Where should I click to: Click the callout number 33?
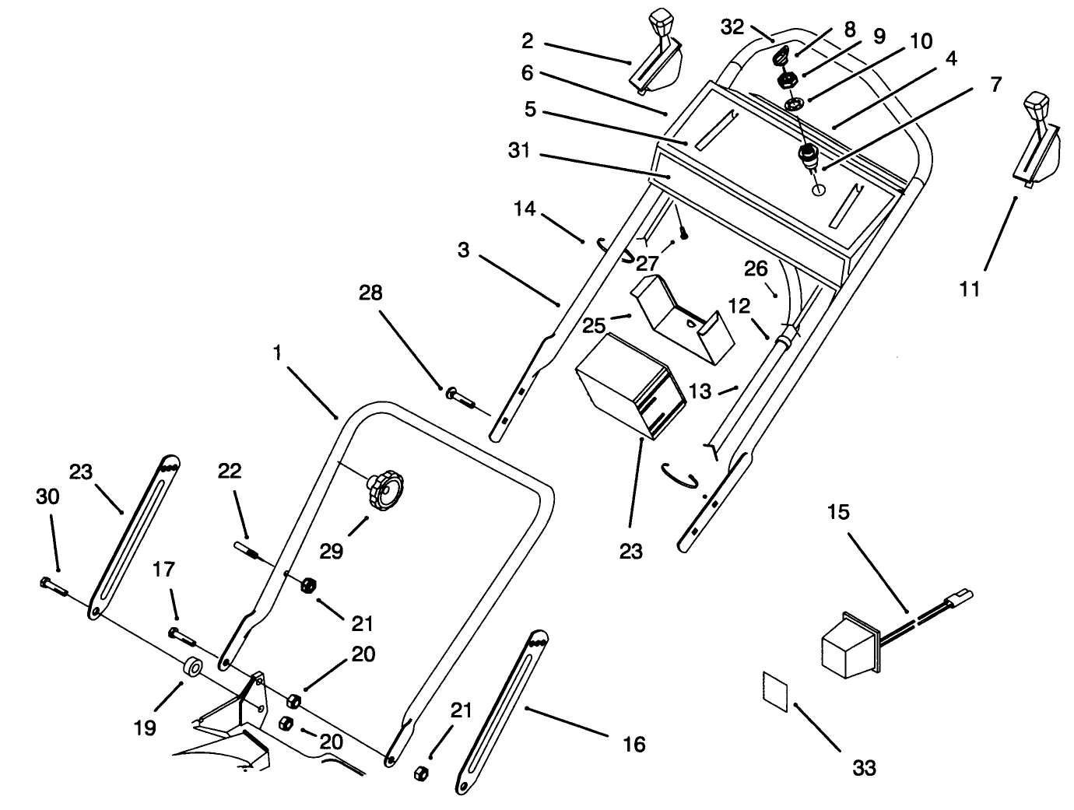pos(864,768)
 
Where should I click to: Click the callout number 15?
pos(839,512)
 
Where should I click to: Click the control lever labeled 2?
pos(657,58)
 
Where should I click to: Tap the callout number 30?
pos(47,496)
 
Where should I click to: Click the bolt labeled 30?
pos(53,585)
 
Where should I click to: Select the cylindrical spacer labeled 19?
pos(192,668)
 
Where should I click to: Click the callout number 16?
pos(634,744)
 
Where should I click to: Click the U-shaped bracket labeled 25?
pos(683,317)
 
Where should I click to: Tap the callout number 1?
pos(277,352)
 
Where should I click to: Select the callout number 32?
pos(733,26)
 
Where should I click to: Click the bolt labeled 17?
pos(182,634)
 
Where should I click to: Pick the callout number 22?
pos(230,471)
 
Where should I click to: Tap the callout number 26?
pos(756,269)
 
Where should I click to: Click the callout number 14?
pos(525,209)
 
